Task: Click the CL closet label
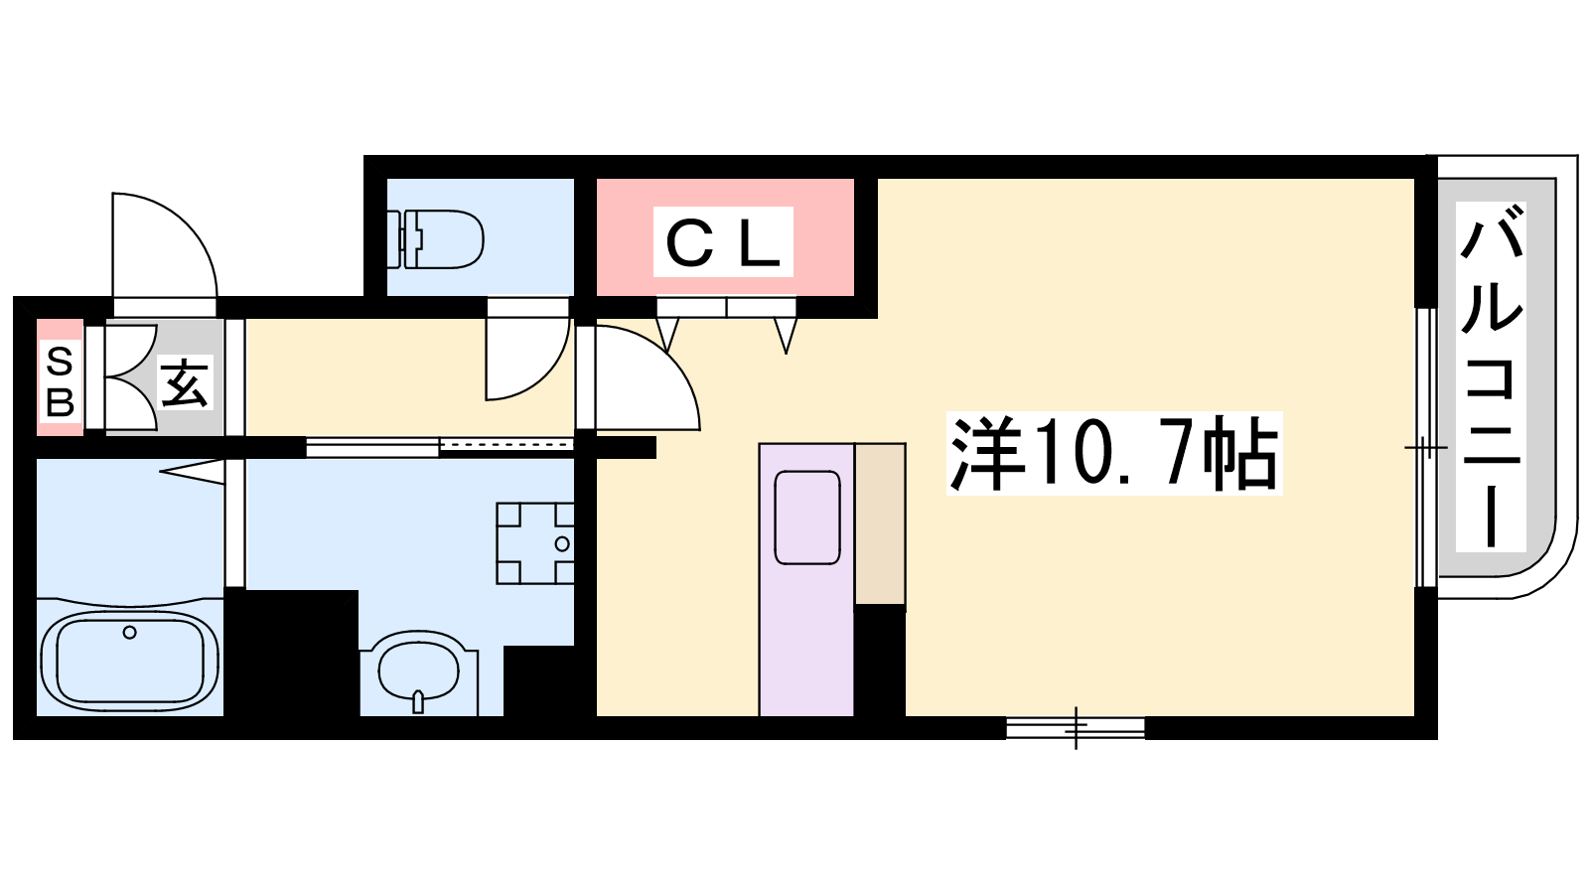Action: point(723,241)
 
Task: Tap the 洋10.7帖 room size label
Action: point(1114,453)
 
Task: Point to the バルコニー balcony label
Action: point(1491,376)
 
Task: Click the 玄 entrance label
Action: point(185,382)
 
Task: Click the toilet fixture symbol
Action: point(436,239)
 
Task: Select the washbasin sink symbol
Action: point(419,671)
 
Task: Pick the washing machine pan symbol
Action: point(535,542)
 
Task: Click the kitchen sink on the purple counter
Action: point(807,518)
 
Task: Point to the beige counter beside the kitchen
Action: point(880,523)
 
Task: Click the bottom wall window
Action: point(1076,727)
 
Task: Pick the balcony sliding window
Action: point(1426,448)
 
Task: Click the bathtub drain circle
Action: point(129,632)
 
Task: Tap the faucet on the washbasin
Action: point(418,701)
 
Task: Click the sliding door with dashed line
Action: point(506,445)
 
